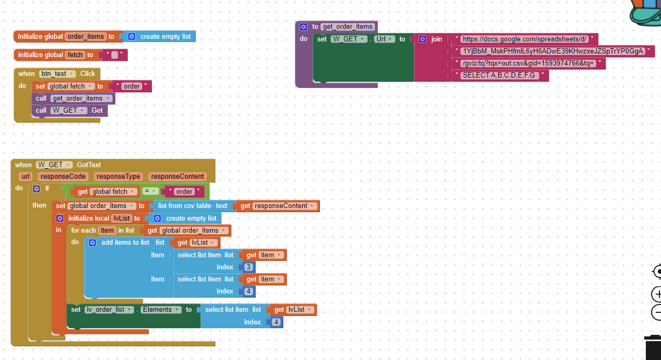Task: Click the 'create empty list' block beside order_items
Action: [165, 37]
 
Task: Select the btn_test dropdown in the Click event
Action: [57, 74]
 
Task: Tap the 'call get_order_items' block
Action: [41, 99]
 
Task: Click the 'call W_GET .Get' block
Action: [41, 111]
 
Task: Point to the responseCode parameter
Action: [63, 177]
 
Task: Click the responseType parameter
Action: [118, 177]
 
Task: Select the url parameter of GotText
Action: [26, 177]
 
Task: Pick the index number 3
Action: [249, 267]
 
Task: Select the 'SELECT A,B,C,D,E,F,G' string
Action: [499, 75]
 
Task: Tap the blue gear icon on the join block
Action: [423, 39]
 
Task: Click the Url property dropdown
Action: [384, 39]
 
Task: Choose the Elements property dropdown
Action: [161, 310]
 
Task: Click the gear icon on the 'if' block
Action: [37, 189]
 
